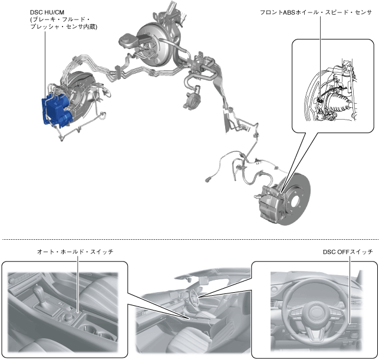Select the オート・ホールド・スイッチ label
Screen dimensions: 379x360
(x=74, y=252)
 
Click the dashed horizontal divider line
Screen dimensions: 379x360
(x=189, y=240)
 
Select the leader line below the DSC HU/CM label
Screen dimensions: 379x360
(x=45, y=65)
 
